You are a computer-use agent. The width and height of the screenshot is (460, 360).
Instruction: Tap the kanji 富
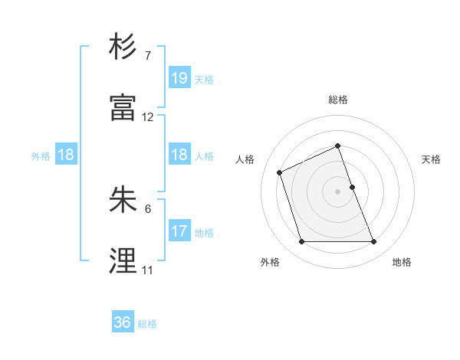(124, 108)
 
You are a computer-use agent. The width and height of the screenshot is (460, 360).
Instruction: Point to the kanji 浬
(124, 260)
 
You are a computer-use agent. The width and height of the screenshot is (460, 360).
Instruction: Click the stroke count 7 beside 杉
(148, 56)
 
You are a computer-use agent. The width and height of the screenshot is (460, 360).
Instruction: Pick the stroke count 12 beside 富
(148, 117)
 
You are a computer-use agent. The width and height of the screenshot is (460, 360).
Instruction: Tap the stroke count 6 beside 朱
(148, 208)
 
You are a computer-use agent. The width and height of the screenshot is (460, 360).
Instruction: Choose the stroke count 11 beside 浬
(148, 270)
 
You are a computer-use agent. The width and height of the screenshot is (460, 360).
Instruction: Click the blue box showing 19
(179, 77)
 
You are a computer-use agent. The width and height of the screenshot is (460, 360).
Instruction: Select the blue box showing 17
(179, 231)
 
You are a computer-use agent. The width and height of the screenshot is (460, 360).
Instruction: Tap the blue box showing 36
(123, 322)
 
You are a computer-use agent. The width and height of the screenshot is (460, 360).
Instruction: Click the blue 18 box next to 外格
(66, 155)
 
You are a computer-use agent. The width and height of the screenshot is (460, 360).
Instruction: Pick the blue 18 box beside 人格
(179, 155)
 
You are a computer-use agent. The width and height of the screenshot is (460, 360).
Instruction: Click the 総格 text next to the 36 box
(147, 324)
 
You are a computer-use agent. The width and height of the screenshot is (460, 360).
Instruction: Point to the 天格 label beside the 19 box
(204, 79)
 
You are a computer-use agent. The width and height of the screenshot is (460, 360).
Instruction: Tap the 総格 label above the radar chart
(338, 100)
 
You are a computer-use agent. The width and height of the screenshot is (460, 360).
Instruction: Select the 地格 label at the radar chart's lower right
(402, 262)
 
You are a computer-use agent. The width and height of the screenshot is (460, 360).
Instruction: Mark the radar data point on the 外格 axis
(301, 242)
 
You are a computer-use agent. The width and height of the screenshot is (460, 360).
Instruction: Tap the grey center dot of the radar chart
(338, 191)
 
